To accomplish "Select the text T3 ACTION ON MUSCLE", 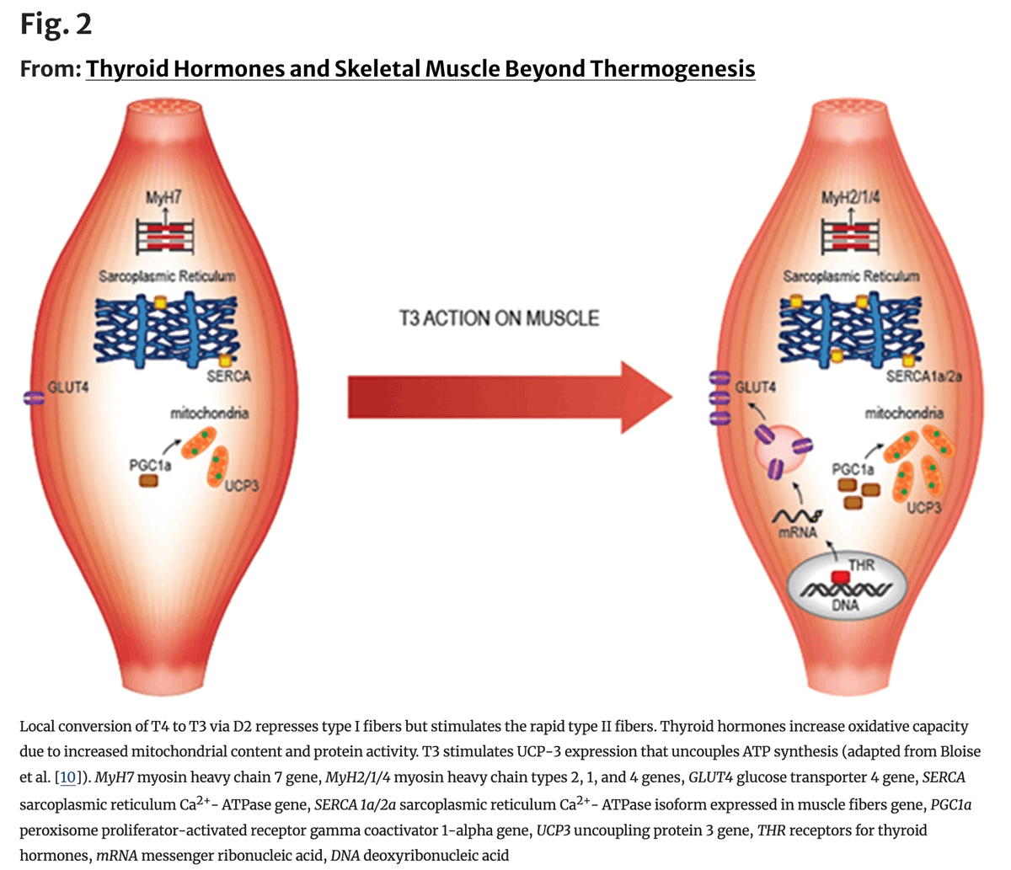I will click(499, 319).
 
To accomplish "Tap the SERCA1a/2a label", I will click(923, 377).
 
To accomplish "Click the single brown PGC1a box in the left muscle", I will click(148, 480).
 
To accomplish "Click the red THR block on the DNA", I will click(839, 578).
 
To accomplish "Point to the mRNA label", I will click(792, 532).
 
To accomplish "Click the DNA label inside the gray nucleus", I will click(845, 606).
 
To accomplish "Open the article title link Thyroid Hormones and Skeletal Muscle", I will click(420, 68).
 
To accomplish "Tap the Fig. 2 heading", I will click(56, 24).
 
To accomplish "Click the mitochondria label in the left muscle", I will click(209, 414).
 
